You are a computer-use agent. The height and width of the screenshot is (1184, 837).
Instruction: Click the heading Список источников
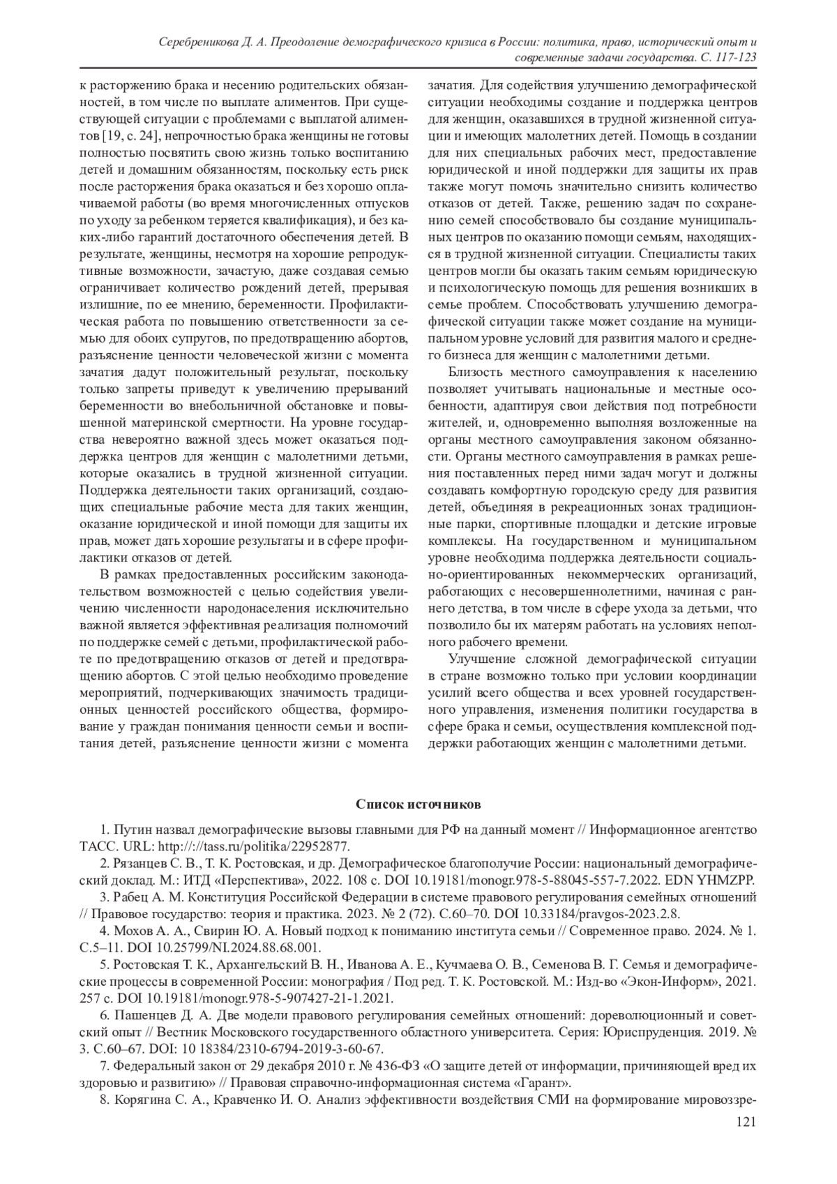[418, 805]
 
